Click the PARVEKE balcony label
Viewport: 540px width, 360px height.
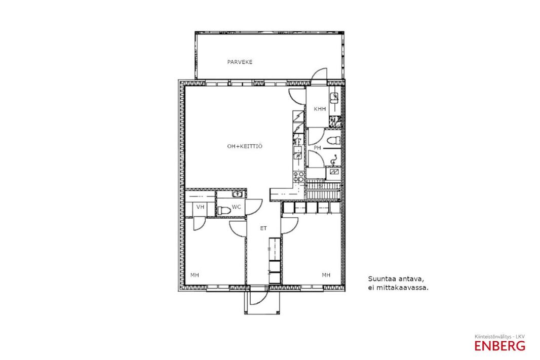click(240, 62)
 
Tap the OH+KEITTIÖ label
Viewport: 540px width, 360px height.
click(245, 146)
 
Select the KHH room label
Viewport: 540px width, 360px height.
click(320, 109)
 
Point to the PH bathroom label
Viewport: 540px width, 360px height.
click(317, 148)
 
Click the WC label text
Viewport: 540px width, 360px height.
click(236, 207)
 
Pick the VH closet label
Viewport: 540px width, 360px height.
click(200, 207)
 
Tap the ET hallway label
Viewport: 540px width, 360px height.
click(263, 228)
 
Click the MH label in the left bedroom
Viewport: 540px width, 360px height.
click(195, 275)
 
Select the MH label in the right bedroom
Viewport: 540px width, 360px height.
click(326, 275)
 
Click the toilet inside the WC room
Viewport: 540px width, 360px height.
click(224, 210)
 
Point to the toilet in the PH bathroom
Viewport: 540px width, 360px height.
click(333, 140)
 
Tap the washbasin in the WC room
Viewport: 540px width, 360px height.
click(237, 194)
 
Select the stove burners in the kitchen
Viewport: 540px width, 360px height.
click(298, 177)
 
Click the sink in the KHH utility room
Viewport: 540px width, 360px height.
click(334, 98)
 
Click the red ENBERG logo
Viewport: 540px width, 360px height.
click(499, 346)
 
